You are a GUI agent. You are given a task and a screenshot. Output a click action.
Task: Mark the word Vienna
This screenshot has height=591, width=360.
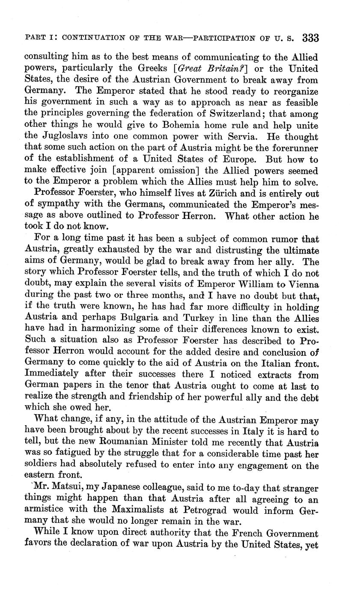(x=302, y=285)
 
